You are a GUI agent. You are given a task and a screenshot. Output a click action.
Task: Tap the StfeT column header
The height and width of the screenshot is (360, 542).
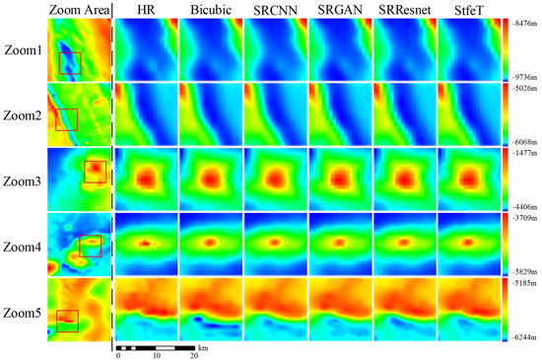point(468,11)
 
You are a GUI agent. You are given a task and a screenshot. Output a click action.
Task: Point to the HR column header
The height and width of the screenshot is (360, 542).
point(147,11)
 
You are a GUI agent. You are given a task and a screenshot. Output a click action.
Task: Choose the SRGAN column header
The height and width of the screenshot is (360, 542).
point(339,11)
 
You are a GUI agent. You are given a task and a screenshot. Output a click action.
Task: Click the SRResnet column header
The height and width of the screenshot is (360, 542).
point(403,11)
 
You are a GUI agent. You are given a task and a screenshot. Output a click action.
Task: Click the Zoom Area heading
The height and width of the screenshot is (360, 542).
point(78,11)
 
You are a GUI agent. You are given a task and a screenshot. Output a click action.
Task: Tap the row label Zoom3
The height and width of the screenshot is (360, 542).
point(23,180)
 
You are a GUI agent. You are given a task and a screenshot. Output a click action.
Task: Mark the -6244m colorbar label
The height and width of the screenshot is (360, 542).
point(524,338)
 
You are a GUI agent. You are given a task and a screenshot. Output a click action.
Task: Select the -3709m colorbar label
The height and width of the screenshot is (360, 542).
point(524,216)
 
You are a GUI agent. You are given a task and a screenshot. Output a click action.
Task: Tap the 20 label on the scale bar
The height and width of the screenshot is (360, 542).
point(193,356)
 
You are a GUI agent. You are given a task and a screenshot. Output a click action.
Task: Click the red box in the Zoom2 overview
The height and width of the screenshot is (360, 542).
point(66,119)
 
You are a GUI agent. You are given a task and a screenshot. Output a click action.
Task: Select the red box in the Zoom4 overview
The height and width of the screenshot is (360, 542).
point(90,246)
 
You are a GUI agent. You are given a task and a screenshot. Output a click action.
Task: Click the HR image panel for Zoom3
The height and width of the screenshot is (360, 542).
point(147,180)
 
